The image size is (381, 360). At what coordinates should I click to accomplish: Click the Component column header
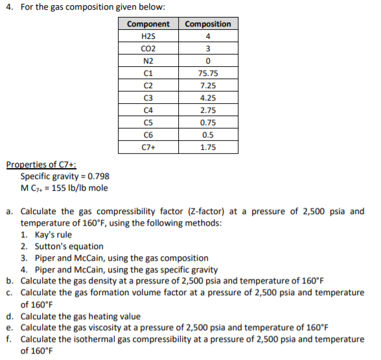pyautogui.click(x=148, y=24)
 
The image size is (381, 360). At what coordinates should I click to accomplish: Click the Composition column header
pyautogui.click(x=207, y=24)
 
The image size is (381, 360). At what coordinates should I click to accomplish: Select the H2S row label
pyautogui.click(x=148, y=36)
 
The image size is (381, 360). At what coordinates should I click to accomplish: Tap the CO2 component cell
pyautogui.click(x=148, y=49)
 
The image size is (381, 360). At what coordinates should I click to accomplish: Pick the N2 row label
pyautogui.click(x=148, y=61)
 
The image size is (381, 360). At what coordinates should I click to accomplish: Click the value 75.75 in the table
pyautogui.click(x=207, y=73)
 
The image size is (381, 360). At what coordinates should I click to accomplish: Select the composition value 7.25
pyautogui.click(x=207, y=86)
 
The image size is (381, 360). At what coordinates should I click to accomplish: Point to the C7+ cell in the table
pyautogui.click(x=148, y=147)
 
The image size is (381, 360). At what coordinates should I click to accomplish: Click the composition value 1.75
pyautogui.click(x=207, y=147)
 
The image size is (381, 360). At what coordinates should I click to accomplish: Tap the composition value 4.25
pyautogui.click(x=207, y=98)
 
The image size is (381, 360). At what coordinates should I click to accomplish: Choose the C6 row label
pyautogui.click(x=148, y=135)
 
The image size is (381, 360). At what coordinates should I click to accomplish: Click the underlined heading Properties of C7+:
pyautogui.click(x=41, y=165)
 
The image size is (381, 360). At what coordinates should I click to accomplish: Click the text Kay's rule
pyautogui.click(x=53, y=235)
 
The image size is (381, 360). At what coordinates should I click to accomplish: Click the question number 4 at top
pyautogui.click(x=8, y=7)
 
